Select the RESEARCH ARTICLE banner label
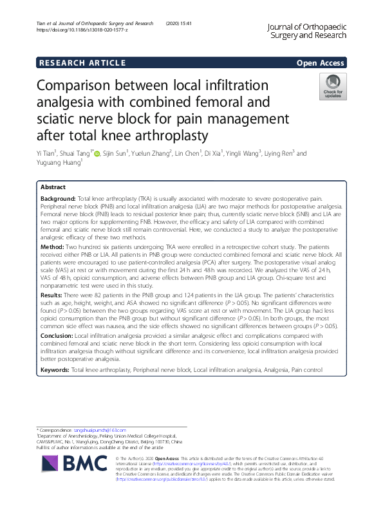pos(82,62)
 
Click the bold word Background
pos(58,199)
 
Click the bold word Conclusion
pos(57,336)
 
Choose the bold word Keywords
pos(55,371)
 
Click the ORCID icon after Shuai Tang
pos(98,153)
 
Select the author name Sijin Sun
pos(116,154)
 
